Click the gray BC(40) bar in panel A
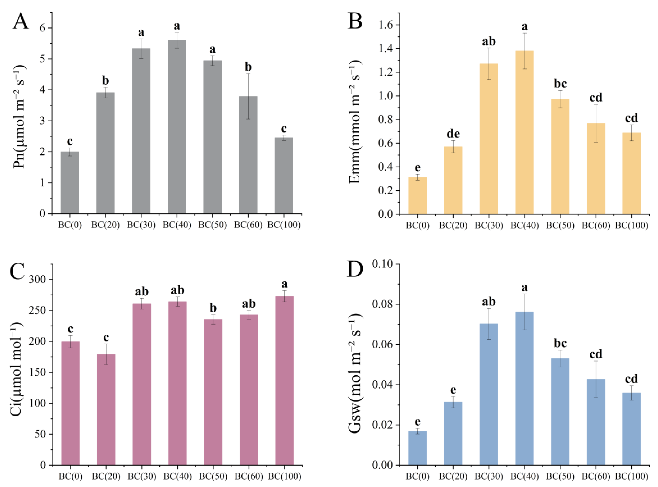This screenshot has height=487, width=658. point(177,127)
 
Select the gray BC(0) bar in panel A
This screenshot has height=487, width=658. point(70,183)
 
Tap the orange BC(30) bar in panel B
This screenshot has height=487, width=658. point(489,139)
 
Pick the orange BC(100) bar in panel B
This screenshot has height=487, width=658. point(631,173)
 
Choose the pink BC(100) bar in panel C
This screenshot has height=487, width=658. point(284,381)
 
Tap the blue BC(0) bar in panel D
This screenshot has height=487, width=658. point(417,448)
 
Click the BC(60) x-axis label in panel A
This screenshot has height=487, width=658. point(248,225)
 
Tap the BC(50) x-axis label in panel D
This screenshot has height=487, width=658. point(560,476)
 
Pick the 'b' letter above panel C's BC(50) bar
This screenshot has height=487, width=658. point(213,308)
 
